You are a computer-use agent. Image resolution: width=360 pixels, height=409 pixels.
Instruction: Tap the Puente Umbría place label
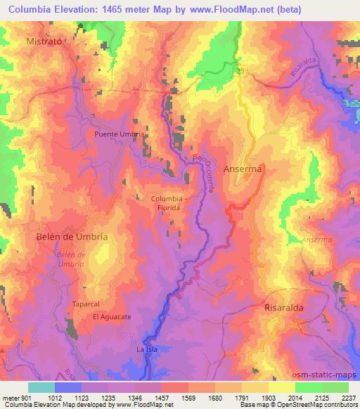click(x=120, y=134)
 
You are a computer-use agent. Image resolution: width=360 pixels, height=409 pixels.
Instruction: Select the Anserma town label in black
click(x=243, y=169)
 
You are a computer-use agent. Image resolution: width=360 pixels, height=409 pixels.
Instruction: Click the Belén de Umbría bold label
click(x=72, y=237)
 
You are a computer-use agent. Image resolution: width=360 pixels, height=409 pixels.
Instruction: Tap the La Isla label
click(x=148, y=349)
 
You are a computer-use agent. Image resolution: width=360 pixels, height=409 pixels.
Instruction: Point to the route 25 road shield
click(x=240, y=72)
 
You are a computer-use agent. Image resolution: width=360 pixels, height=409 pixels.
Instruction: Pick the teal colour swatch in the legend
click(x=41, y=387)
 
